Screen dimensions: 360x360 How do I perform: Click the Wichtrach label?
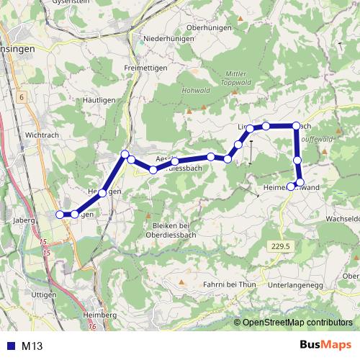pos(40,135)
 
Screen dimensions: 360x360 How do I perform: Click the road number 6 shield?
pos(22,96)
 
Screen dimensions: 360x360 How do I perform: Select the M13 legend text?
pos(33,346)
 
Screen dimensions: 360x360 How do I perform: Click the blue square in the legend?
pos(10,346)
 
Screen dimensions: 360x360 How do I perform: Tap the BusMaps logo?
pos(326,345)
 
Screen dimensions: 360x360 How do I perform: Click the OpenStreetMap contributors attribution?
pos(297,323)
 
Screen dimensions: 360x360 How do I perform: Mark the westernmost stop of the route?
pos(60,214)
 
